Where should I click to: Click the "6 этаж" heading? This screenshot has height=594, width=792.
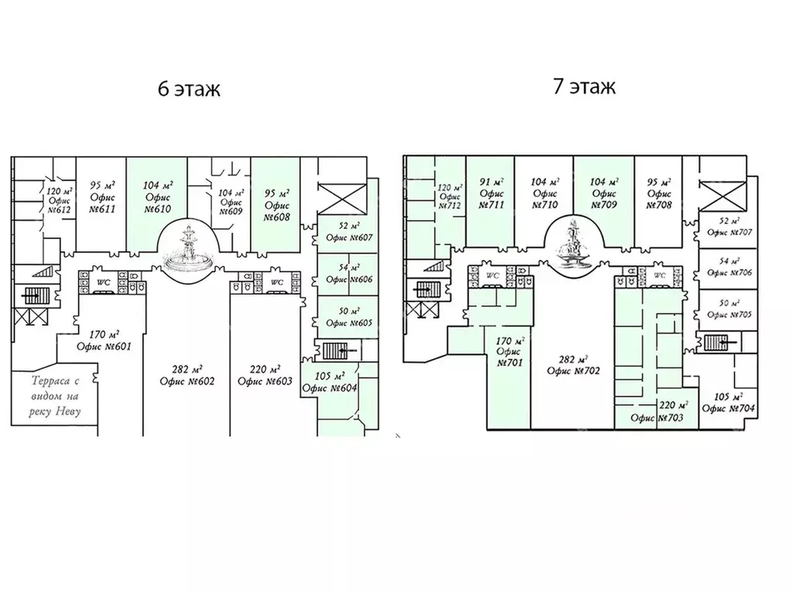pos(189,89)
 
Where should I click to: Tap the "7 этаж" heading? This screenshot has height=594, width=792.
pos(584,87)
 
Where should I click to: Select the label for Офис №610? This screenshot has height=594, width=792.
pos(158,197)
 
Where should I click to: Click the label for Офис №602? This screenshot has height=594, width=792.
pos(187,375)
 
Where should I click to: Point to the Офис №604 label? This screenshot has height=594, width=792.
pos(329,382)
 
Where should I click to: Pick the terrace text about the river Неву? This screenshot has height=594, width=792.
pos(55,397)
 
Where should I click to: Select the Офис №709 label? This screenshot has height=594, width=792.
pos(604,193)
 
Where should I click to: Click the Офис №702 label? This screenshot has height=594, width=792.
pos(573,365)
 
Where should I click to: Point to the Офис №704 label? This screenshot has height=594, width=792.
pos(729,402)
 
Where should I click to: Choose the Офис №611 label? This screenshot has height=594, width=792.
pos(103,197)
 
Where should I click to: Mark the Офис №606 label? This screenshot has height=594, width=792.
pos(349,273)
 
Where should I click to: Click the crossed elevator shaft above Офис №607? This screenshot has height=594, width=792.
pos(342,199)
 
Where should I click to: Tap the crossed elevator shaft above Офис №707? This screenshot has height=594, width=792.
pos(723,196)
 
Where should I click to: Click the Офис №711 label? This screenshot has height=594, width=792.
pos(492,193)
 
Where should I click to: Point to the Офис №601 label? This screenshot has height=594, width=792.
pos(104,340)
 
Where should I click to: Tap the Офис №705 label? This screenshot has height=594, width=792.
pos(729,309)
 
